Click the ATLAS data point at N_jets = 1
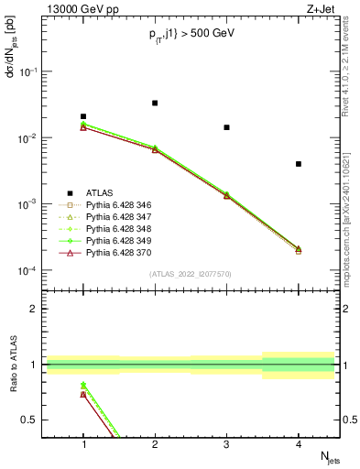[83, 116]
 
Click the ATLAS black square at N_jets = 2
[155, 103]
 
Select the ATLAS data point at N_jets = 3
[226, 127]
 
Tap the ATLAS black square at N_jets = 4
[299, 164]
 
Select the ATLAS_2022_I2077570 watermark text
[191, 272]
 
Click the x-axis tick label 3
[226, 445]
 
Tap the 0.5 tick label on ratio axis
[32, 420]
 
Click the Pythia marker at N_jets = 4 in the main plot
[299, 249]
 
